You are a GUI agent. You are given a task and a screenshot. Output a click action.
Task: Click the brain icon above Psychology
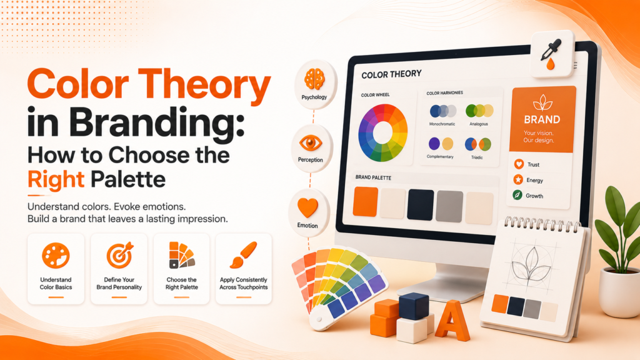[x=314, y=79]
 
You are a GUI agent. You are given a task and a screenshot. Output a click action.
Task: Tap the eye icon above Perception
[x=311, y=143]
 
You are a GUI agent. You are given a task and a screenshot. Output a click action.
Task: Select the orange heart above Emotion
[x=307, y=207]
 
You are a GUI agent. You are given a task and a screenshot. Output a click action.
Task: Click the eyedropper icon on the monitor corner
[x=551, y=54]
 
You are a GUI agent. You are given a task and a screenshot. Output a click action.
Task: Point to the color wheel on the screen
[x=383, y=132]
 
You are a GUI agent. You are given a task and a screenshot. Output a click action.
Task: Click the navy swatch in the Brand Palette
[x=421, y=205]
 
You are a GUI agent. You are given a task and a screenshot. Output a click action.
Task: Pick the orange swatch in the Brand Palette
[x=365, y=202]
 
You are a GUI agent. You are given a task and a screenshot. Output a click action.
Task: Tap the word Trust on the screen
[x=533, y=164]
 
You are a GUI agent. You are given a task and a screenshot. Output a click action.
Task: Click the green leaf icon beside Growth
[x=517, y=195]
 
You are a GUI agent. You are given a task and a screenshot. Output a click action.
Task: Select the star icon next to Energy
[x=518, y=179]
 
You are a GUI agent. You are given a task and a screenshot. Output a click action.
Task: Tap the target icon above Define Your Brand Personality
[x=119, y=255]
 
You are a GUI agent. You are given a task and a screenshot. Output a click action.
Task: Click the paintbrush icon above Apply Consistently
[x=243, y=255]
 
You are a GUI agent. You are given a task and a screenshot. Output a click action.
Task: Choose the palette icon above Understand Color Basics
[x=56, y=256]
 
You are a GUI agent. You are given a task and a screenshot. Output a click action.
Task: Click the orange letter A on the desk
[x=452, y=321]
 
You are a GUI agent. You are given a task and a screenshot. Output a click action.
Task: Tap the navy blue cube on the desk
[x=414, y=306]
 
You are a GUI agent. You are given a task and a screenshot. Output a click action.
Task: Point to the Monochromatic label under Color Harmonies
[x=442, y=124]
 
